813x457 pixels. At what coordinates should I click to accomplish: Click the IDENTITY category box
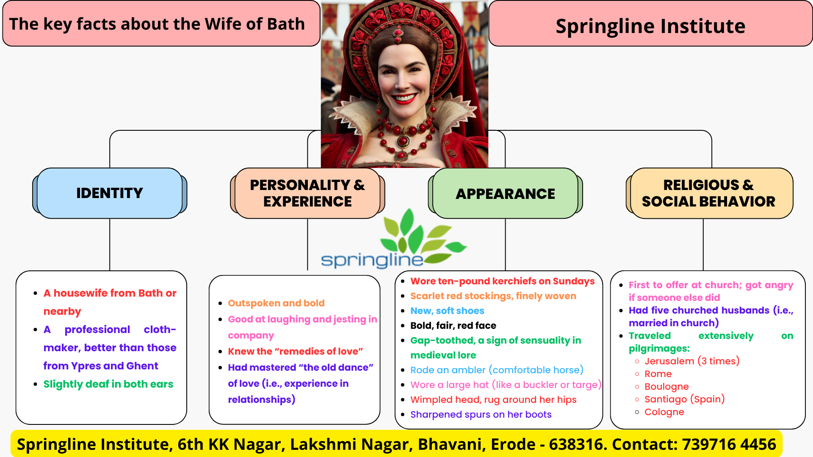(110, 193)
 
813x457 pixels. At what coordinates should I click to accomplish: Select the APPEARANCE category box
(505, 193)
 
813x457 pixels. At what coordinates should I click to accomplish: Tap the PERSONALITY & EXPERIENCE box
(307, 193)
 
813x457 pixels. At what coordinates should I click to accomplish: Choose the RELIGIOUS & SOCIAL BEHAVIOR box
(709, 193)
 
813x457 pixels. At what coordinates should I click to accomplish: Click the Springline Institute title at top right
(650, 26)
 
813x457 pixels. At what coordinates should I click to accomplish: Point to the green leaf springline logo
(394, 239)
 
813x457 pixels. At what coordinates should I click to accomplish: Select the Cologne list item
(664, 412)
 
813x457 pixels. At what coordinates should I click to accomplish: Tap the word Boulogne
(666, 386)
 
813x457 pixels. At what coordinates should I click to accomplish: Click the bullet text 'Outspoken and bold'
(276, 303)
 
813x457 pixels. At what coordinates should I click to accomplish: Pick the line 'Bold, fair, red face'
(453, 325)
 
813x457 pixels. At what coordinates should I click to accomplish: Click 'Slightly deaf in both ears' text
(108, 384)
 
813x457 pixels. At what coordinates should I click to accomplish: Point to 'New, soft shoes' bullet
(447, 311)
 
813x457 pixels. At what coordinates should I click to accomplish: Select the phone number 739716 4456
(729, 444)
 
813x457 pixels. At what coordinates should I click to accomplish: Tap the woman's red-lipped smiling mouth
(404, 99)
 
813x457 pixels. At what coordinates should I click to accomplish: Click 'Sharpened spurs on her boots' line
(481, 414)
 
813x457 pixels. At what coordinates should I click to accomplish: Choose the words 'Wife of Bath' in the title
(254, 24)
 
